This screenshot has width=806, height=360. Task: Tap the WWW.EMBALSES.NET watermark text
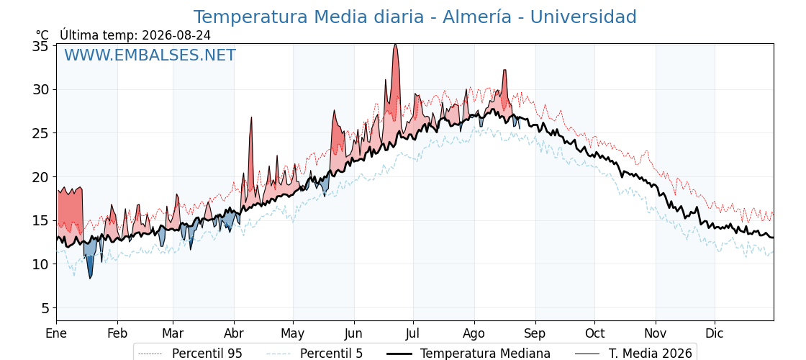click(150, 55)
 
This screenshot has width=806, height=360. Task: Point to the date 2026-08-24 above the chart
click(176, 35)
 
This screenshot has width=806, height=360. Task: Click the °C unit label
click(42, 35)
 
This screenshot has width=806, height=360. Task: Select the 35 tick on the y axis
click(40, 46)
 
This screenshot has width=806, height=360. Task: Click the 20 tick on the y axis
click(40, 177)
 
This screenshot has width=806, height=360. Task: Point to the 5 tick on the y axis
click(45, 308)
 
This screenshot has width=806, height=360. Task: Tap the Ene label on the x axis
click(57, 333)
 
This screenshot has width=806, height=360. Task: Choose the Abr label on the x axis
click(234, 333)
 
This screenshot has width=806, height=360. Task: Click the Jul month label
click(413, 333)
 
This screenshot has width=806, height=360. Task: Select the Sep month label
click(535, 333)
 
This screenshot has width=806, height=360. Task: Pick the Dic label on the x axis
click(715, 333)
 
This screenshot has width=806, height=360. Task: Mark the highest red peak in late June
click(395, 45)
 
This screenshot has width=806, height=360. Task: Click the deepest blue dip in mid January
click(90, 278)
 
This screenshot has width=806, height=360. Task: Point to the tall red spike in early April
click(251, 118)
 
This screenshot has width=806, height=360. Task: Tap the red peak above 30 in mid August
click(504, 70)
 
